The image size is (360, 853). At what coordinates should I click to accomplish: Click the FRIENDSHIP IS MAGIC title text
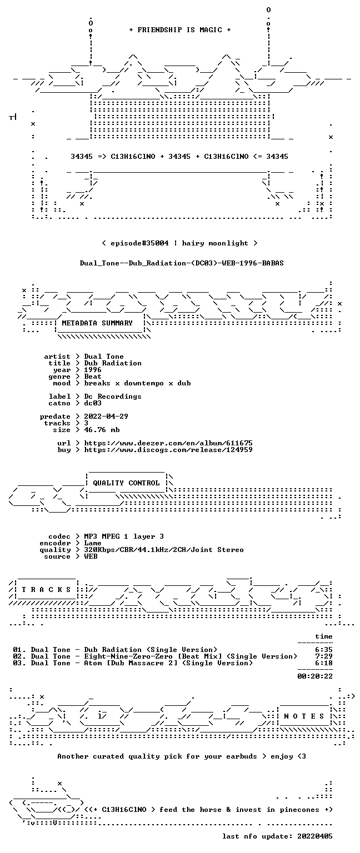click(180, 29)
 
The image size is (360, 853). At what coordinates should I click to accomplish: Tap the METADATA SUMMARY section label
click(97, 323)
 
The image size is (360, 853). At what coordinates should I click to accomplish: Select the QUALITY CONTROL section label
click(126, 483)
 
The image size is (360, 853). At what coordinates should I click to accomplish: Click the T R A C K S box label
click(47, 589)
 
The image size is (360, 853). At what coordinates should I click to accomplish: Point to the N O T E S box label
click(304, 716)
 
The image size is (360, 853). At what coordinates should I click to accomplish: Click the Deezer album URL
click(168, 443)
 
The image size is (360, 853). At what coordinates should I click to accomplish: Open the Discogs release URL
click(168, 450)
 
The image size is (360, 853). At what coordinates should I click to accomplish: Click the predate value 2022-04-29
click(106, 416)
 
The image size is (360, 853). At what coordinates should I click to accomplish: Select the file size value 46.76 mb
click(102, 429)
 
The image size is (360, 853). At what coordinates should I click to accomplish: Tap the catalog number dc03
click(93, 403)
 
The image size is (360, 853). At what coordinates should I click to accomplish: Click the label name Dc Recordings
click(113, 397)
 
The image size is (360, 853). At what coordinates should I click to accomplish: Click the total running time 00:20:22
click(315, 676)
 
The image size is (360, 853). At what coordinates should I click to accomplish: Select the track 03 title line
click(133, 663)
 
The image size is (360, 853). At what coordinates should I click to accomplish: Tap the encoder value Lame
click(93, 543)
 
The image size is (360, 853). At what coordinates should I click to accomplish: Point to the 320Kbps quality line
click(164, 549)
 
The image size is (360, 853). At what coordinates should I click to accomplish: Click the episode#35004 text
click(139, 243)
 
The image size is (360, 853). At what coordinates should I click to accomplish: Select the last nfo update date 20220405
click(315, 836)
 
